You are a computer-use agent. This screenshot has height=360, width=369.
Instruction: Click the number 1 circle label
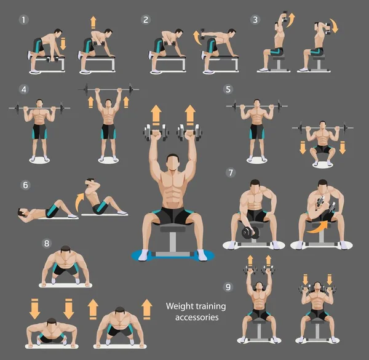point(24,20)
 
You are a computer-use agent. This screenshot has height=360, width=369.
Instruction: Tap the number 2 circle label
point(146,20)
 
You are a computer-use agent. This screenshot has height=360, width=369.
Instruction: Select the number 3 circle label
point(255,20)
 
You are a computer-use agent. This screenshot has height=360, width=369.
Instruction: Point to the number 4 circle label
point(24,89)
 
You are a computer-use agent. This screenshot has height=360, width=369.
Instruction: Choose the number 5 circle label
point(228,89)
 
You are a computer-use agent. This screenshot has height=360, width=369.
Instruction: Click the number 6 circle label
point(25,185)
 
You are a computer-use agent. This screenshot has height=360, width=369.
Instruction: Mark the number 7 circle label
point(231,172)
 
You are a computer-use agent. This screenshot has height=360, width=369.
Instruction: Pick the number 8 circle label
point(46,243)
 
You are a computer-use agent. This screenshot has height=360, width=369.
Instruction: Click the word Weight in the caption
point(179,306)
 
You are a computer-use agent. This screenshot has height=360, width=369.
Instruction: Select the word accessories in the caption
point(197,318)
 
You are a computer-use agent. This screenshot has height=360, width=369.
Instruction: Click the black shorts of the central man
point(173,215)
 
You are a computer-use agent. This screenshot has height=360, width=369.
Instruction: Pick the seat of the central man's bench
point(173,229)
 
